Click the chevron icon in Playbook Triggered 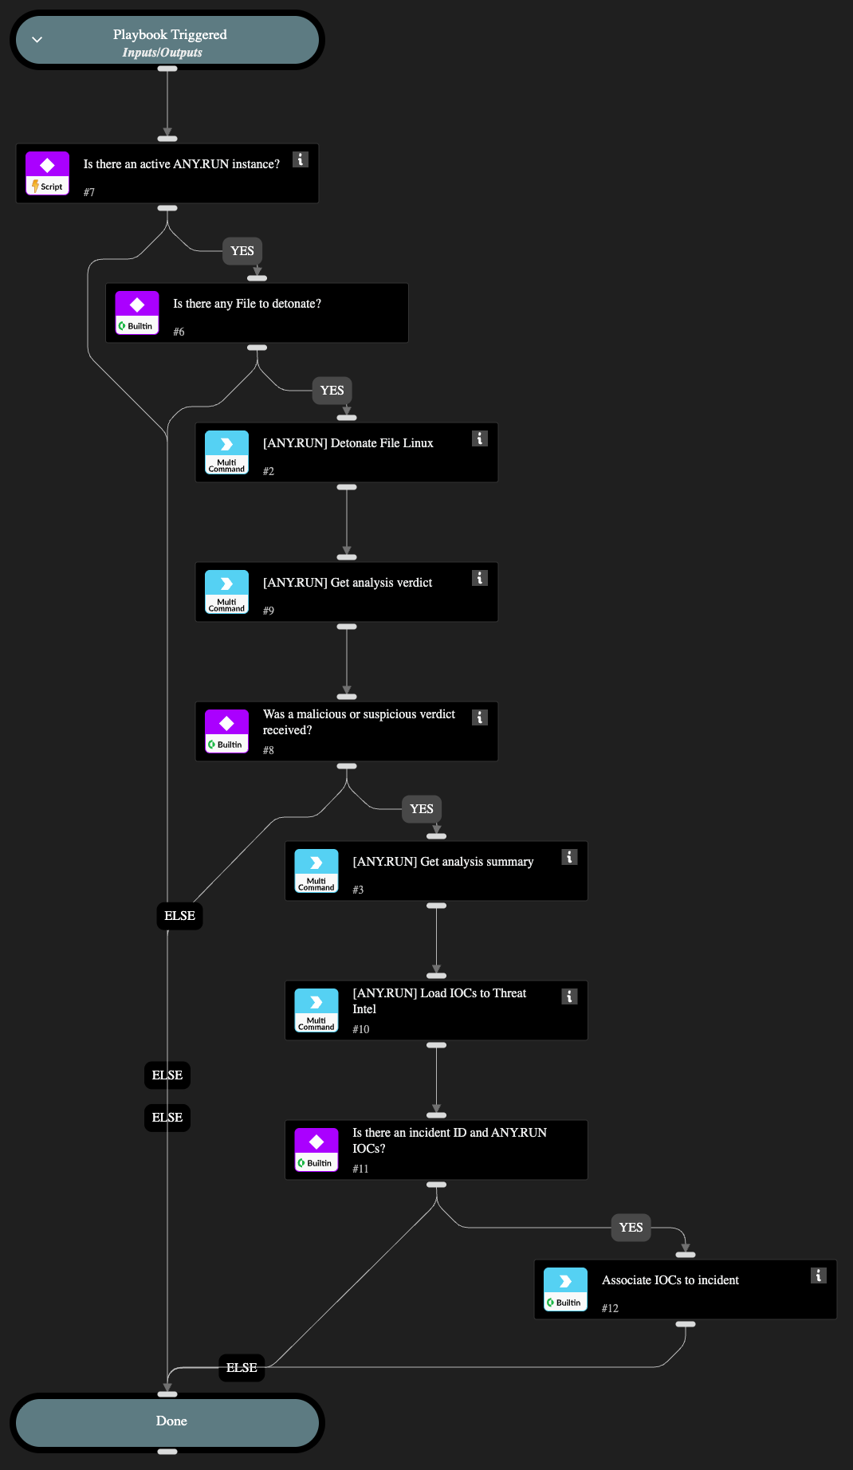tap(37, 40)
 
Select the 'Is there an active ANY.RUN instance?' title tap(182, 164)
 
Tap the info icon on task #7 tap(301, 159)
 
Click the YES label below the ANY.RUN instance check tap(242, 251)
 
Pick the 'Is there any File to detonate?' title tap(247, 304)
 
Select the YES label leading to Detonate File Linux tap(332, 391)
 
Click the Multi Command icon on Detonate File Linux tap(226, 453)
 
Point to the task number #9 tap(269, 611)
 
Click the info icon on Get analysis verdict tap(480, 578)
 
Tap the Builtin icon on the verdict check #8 tap(226, 732)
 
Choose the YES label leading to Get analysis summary tap(422, 809)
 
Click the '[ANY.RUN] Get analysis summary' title tap(443, 862)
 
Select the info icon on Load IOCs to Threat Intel tap(569, 996)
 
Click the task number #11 tap(360, 1169)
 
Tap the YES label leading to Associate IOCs tap(631, 1228)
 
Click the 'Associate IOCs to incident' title tap(670, 1280)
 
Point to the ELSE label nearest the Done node tap(242, 1368)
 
